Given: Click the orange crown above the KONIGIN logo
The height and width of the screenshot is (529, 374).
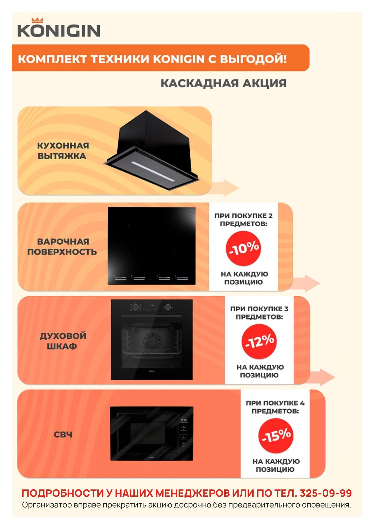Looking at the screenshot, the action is point(37,20).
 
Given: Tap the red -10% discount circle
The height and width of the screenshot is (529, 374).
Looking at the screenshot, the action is point(243,248).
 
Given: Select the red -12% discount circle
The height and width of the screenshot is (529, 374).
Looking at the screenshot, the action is point(259,341).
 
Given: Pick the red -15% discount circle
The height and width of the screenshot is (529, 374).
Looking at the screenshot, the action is point(276,436).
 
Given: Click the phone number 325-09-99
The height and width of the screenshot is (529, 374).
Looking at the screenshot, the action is point(326,493).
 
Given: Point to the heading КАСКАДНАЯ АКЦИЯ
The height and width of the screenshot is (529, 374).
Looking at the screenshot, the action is point(224,83).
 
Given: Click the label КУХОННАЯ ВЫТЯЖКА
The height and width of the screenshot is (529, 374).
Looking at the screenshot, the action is point(63,151).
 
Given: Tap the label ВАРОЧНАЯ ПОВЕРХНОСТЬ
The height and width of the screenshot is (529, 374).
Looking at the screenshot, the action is point(62,247).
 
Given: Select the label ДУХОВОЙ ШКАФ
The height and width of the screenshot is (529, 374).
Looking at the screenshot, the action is point(63,341).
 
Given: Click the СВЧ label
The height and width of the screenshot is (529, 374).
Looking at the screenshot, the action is point(63,435).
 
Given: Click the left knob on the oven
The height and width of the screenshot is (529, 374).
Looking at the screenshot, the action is point(135,307).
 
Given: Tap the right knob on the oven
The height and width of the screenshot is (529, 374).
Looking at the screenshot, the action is point(168,307).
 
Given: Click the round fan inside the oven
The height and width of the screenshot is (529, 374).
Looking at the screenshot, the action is point(152,339).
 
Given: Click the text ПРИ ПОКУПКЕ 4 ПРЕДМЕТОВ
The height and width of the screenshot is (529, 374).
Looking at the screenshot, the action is point(275,407).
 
